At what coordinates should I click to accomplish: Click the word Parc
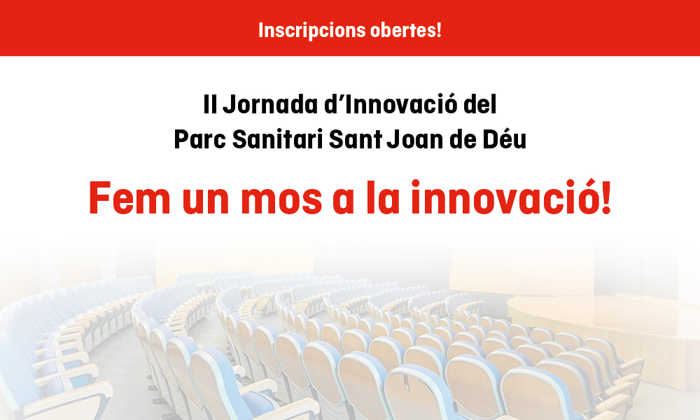(x=200, y=140)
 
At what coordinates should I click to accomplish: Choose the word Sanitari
(x=278, y=139)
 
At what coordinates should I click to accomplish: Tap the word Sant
(x=356, y=139)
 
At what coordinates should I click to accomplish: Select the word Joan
(x=414, y=139)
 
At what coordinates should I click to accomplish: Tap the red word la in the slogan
(x=383, y=197)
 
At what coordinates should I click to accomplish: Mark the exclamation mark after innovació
(x=606, y=197)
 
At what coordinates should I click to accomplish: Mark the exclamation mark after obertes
(x=439, y=30)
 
